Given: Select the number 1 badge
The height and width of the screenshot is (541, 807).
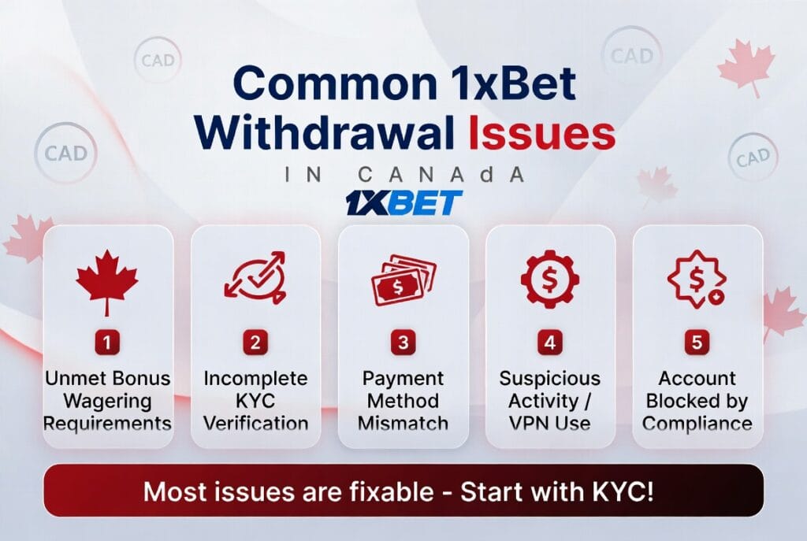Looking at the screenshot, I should (107, 343).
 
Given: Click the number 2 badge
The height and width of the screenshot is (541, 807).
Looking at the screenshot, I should (255, 343).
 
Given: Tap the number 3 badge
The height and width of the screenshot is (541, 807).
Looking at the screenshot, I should (403, 343).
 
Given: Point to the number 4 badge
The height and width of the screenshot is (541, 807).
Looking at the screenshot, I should (550, 343).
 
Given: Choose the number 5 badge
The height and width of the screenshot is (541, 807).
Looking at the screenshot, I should (697, 343).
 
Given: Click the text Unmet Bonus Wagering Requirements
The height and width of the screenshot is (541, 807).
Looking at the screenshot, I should (107, 400).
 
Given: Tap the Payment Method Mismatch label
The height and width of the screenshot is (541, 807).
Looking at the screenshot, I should (403, 400).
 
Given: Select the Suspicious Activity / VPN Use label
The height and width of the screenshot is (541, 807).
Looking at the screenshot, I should (550, 400).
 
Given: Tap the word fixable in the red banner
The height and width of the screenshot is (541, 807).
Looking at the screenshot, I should (390, 492).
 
